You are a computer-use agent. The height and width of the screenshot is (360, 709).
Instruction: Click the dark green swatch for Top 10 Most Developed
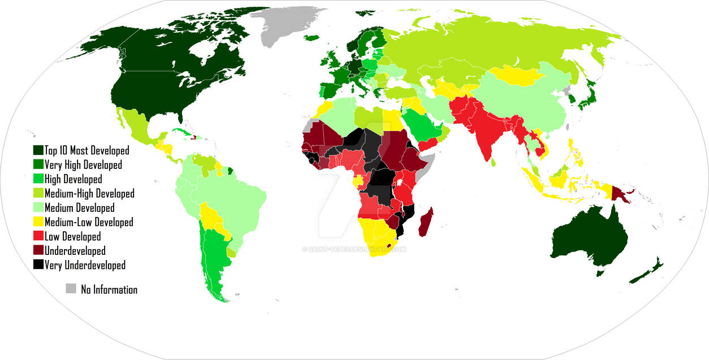[x=38, y=151]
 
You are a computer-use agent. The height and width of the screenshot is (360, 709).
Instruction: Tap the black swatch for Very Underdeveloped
[x=38, y=264]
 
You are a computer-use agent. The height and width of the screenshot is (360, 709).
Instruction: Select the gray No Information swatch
[x=71, y=289]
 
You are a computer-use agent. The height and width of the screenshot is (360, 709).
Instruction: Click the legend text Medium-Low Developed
[x=88, y=222]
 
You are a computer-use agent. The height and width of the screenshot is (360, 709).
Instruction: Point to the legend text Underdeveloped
[x=75, y=250]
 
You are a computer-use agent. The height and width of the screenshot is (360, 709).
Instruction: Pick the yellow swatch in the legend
[x=38, y=222]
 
